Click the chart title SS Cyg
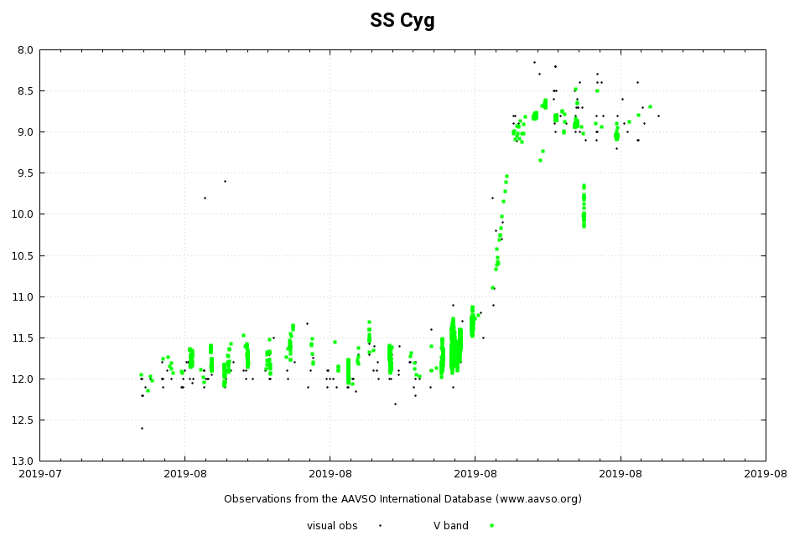pyautogui.click(x=402, y=21)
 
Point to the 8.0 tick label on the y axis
pyautogui.click(x=25, y=50)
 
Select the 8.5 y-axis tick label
pyautogui.click(x=25, y=91)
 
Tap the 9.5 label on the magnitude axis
pyautogui.click(x=25, y=173)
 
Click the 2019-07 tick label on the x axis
pyautogui.click(x=39, y=474)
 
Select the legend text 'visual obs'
pyautogui.click(x=332, y=526)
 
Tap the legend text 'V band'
pyautogui.click(x=451, y=526)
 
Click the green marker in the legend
pyautogui.click(x=491, y=526)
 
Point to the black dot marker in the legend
pyautogui.click(x=380, y=526)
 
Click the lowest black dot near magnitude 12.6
pyautogui.click(x=142, y=428)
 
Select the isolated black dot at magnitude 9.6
pyautogui.click(x=225, y=181)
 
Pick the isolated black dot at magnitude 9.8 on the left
pyautogui.click(x=205, y=198)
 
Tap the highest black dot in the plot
pyautogui.click(x=534, y=62)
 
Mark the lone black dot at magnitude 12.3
pyautogui.click(x=395, y=404)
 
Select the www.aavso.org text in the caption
pyautogui.click(x=537, y=499)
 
